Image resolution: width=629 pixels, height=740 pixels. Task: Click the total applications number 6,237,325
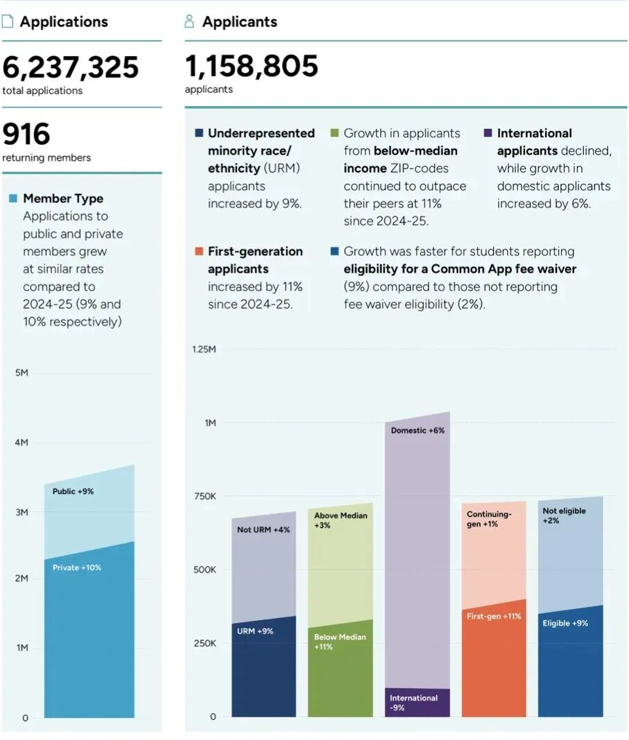click(71, 68)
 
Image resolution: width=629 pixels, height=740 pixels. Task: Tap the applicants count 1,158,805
click(251, 67)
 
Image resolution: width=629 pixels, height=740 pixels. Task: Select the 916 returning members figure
click(26, 134)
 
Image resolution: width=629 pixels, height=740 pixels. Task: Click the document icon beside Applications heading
click(8, 21)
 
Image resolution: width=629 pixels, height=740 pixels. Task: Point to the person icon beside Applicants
click(190, 21)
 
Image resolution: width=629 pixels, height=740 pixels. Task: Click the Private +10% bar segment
click(89, 637)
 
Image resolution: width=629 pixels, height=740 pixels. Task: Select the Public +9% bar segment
click(89, 513)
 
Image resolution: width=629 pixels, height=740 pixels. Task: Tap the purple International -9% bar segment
click(417, 703)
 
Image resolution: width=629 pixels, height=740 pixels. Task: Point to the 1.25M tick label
click(204, 349)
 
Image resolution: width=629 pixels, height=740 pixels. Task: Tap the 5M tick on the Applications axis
click(21, 373)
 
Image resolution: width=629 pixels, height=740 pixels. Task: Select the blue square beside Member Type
click(13, 199)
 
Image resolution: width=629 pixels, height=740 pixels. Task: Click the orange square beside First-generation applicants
click(199, 252)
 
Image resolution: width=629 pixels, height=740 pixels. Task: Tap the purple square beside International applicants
click(488, 133)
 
